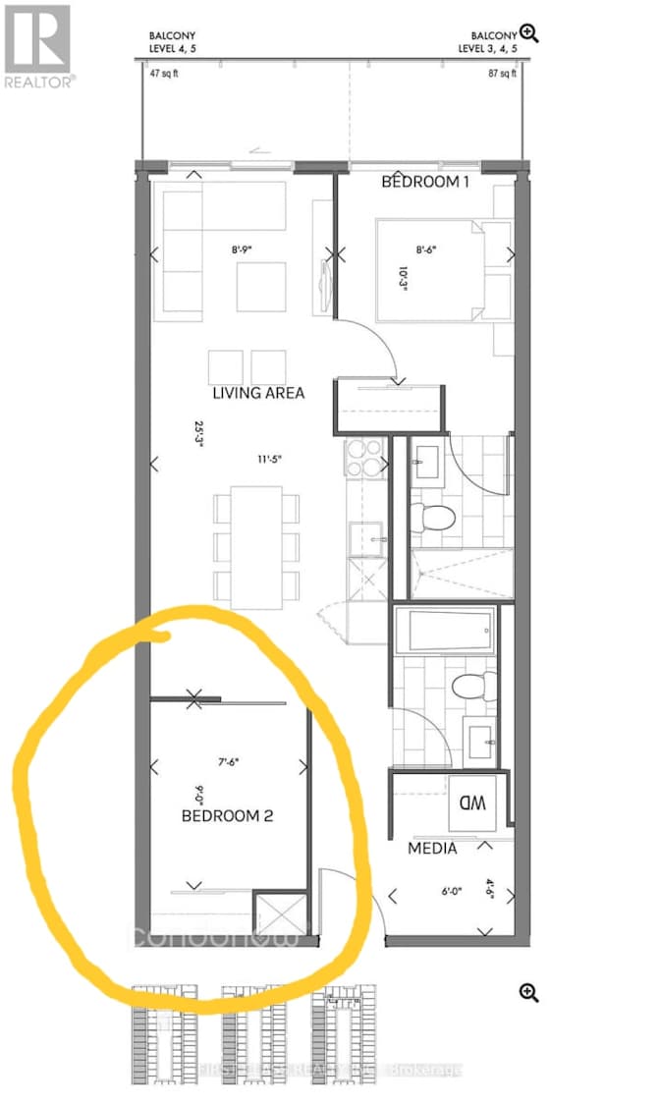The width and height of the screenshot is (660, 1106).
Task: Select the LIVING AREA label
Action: coord(259,393)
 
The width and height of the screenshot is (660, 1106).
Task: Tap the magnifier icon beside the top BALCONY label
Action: coord(529,33)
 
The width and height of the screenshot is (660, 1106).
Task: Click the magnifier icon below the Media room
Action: coord(529,993)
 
